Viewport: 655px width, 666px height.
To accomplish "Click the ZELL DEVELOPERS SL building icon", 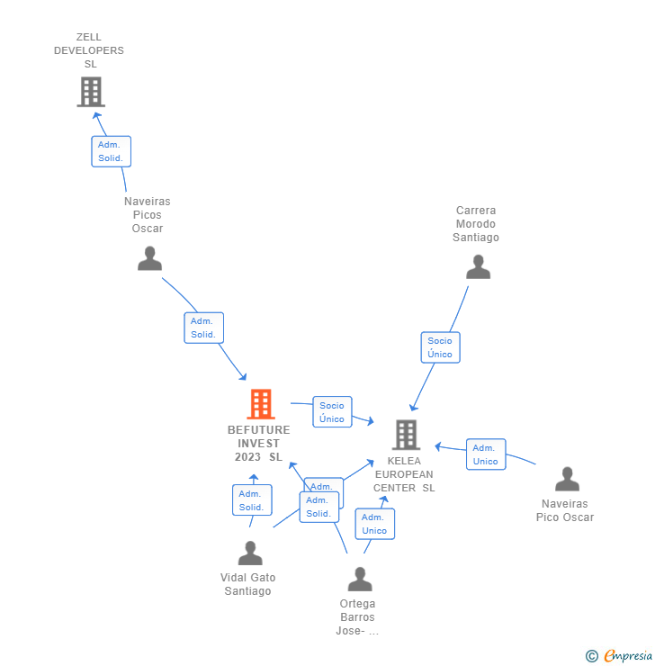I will pos(90,92).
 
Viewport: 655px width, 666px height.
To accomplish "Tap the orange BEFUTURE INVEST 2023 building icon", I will pos(260,404).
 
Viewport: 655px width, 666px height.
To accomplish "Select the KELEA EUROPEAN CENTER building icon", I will pos(406,435).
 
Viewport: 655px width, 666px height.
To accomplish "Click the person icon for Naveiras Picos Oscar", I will pos(149,258).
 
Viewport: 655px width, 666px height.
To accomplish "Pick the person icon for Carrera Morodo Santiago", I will pos(478,267).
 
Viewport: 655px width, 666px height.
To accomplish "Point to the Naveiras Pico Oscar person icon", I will pos(567,479).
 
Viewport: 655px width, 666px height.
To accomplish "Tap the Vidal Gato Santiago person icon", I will pos(250,553).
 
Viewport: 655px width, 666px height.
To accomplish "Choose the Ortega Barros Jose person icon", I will pos(360,579).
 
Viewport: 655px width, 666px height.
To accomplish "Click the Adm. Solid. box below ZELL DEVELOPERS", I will pos(112,151).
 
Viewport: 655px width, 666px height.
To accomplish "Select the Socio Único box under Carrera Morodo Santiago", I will pos(440,347).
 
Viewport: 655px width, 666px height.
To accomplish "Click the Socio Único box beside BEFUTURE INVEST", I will pos(332,412).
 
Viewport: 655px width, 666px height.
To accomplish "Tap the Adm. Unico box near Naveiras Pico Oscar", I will pos(486,454).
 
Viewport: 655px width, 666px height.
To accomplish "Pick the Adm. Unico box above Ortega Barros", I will pos(374,524).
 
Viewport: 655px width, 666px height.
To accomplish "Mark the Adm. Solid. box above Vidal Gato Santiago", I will pos(252,500).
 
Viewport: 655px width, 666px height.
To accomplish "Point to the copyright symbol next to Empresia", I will pos(591,656).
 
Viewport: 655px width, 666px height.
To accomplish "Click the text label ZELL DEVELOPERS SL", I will pos(89,50).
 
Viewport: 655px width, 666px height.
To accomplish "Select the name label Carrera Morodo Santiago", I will pos(477,224).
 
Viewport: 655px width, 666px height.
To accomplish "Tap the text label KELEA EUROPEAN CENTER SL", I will pos(404,474).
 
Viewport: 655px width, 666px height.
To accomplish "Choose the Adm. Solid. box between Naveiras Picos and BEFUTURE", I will pos(203,328).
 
